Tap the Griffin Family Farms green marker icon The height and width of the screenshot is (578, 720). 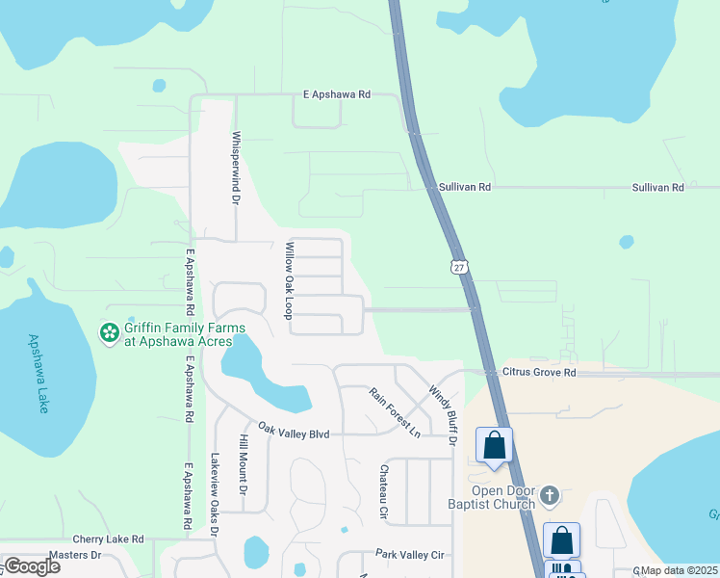(x=110, y=333)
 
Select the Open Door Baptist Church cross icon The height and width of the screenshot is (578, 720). (x=550, y=496)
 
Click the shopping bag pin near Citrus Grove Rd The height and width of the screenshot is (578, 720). (x=495, y=446)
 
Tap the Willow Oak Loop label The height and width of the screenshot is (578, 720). (x=288, y=280)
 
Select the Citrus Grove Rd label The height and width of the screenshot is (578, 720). (x=539, y=372)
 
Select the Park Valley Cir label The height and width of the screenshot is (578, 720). (x=409, y=555)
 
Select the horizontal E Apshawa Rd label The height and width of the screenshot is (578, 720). (x=332, y=95)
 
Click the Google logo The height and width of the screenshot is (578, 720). (x=32, y=566)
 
